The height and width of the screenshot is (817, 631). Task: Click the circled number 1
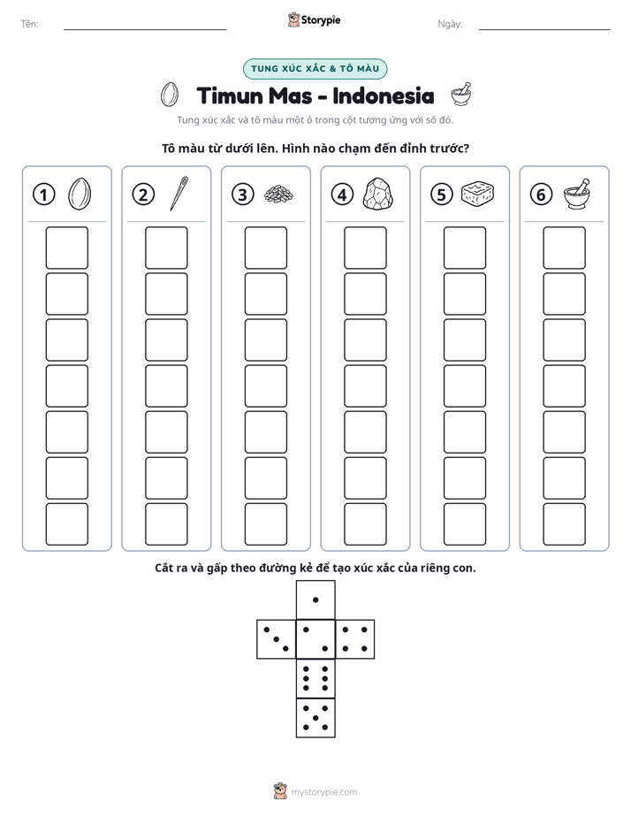pyautogui.click(x=43, y=195)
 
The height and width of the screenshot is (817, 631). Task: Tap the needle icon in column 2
pyautogui.click(x=179, y=194)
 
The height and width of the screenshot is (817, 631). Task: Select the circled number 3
pyautogui.click(x=243, y=195)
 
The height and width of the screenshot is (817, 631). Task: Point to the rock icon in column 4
pyautogui.click(x=377, y=195)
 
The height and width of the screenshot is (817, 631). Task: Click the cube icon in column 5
pyautogui.click(x=477, y=194)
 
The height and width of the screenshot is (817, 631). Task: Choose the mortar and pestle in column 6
pyautogui.click(x=577, y=194)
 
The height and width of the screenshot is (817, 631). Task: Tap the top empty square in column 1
pyautogui.click(x=66, y=248)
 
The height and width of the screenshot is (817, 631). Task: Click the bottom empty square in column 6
pyautogui.click(x=564, y=524)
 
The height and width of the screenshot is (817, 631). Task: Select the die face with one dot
pyautogui.click(x=315, y=599)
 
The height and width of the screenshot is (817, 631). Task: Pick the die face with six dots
pyautogui.click(x=315, y=678)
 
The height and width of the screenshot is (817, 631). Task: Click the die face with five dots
pyautogui.click(x=315, y=718)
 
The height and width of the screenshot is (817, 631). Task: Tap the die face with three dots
pyautogui.click(x=277, y=639)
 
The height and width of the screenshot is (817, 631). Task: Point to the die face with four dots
pyautogui.click(x=355, y=639)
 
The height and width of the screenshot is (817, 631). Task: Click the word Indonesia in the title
pyautogui.click(x=384, y=95)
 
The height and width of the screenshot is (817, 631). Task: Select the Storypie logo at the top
pyautogui.click(x=314, y=19)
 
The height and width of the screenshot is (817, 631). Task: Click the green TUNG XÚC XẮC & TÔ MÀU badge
pyautogui.click(x=315, y=69)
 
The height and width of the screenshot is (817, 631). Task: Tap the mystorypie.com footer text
pyautogui.click(x=323, y=792)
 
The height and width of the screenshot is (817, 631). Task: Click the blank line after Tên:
pyautogui.click(x=145, y=29)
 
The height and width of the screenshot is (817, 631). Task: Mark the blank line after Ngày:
pyautogui.click(x=544, y=29)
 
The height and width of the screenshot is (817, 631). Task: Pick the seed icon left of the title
pyautogui.click(x=169, y=95)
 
